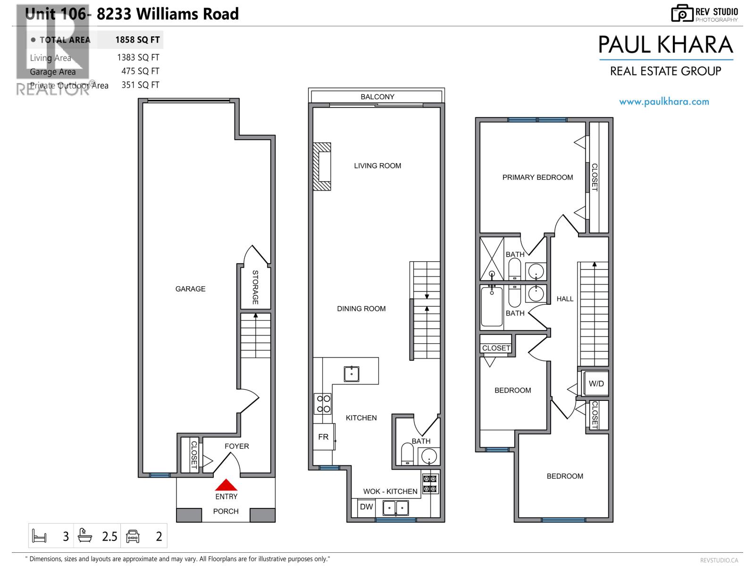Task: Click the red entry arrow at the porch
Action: click(x=226, y=485)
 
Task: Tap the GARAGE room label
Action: click(x=190, y=289)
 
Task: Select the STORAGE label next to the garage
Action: click(x=255, y=287)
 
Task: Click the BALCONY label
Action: click(x=377, y=97)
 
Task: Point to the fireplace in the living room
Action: click(x=322, y=166)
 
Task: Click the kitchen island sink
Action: click(x=351, y=374)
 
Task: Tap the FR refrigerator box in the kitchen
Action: click(x=324, y=437)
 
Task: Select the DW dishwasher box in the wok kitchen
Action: click(x=366, y=507)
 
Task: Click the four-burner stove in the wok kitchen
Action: click(x=430, y=483)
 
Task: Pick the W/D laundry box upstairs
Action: click(x=596, y=383)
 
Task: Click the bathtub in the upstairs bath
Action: click(x=492, y=307)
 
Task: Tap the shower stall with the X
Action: click(x=492, y=258)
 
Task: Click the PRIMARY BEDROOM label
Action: click(x=537, y=177)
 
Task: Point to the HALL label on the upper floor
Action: click(x=565, y=299)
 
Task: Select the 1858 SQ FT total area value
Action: click(x=137, y=40)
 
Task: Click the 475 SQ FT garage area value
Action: click(x=140, y=71)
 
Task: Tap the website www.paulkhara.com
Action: click(x=664, y=101)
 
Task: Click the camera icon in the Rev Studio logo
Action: click(x=681, y=13)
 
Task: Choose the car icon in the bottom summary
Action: click(x=133, y=536)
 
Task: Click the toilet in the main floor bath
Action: click(x=407, y=454)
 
